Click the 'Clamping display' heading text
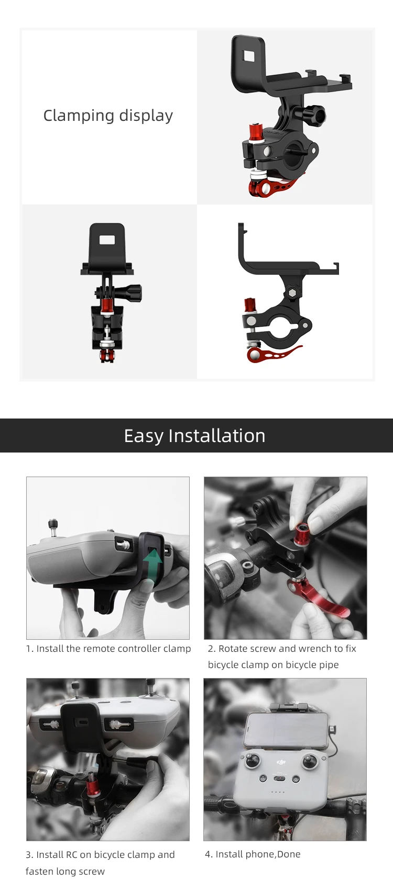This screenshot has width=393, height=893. [108, 116]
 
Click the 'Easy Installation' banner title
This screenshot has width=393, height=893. [194, 435]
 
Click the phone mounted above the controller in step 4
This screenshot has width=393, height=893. [286, 730]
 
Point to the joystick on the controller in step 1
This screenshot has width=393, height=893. [52, 526]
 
